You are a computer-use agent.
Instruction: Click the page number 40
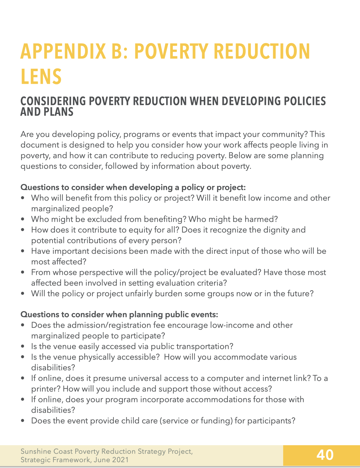pos(325,455)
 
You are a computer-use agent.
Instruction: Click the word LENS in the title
pos(41,77)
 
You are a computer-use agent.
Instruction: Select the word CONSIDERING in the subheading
pos(53,101)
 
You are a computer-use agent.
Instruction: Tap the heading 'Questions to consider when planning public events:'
pos(119,314)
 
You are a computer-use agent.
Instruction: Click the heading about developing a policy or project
pos(133,187)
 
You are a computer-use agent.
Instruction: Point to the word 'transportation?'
pos(205,346)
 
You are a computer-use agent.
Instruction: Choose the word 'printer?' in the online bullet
pos(46,389)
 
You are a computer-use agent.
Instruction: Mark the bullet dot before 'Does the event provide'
pos(23,421)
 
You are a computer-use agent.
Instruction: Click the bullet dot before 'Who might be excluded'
pos(23,219)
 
